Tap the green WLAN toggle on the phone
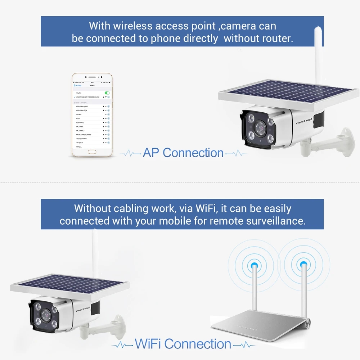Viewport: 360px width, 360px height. click(107, 93)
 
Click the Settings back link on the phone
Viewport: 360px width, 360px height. click(78, 85)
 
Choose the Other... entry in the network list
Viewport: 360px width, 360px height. click(79, 147)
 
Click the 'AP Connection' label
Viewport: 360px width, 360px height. click(183, 153)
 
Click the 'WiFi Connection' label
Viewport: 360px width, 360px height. click(183, 344)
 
